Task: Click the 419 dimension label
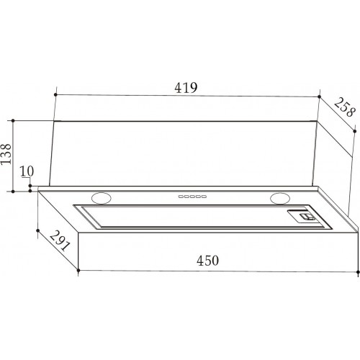click(x=186, y=88)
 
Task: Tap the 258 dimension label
click(x=345, y=107)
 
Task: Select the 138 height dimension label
click(x=6, y=154)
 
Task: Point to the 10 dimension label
click(x=27, y=171)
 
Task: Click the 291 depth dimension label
click(x=60, y=240)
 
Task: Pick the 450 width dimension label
click(x=207, y=261)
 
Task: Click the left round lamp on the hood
click(x=102, y=198)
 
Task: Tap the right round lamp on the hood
click(x=280, y=198)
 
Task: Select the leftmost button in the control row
click(x=181, y=197)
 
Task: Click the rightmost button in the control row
click(x=204, y=197)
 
